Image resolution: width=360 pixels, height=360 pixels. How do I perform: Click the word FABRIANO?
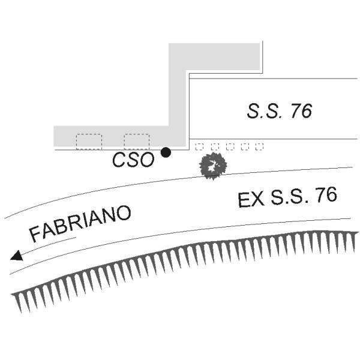80,223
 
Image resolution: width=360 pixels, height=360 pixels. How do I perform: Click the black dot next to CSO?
166,152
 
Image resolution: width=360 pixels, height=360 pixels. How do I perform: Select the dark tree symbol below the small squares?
213,166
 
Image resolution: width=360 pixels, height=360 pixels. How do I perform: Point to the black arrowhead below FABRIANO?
17,256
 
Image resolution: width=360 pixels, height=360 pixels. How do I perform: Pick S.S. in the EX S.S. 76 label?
287,197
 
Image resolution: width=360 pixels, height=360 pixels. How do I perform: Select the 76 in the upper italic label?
299,111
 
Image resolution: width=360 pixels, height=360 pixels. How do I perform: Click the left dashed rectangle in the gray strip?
89,142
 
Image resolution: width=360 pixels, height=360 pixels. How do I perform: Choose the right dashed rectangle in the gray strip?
136,142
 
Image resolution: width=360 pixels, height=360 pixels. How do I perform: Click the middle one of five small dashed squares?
230,146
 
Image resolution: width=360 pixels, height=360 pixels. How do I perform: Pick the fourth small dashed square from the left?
245,146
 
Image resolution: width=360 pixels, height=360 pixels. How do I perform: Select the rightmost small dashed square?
259,146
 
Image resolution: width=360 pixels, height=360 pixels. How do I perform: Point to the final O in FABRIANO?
123,212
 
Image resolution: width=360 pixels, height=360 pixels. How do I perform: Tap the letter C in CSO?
119,160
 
